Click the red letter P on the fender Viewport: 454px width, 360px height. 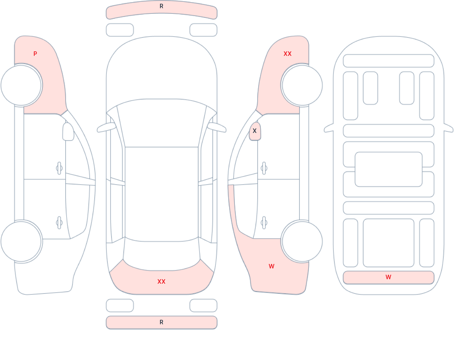[35, 54]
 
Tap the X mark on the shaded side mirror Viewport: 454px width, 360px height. [255, 131]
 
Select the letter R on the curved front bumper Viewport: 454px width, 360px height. [162, 6]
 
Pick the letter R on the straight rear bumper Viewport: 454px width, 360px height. [162, 322]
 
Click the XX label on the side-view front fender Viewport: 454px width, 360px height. [288, 54]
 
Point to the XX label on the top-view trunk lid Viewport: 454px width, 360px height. [162, 281]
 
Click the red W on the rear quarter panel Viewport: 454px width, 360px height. [272, 266]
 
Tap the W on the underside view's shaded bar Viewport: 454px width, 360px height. [389, 277]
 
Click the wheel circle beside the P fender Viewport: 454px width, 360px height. [21, 85]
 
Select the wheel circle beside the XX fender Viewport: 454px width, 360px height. [302, 85]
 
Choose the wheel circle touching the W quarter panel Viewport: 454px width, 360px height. [302, 241]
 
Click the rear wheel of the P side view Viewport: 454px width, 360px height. [21, 241]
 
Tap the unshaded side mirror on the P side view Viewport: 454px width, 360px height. [68, 132]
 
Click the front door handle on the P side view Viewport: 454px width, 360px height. [59, 168]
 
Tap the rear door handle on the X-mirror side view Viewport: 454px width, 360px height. [264, 223]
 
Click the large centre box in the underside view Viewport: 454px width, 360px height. [389, 169]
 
